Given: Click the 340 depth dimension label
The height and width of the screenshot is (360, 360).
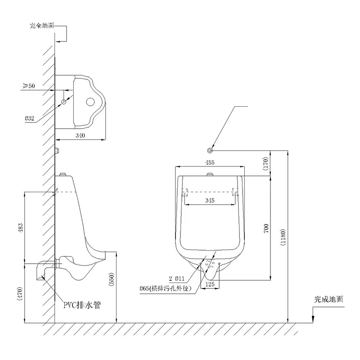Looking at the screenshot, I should [81, 135].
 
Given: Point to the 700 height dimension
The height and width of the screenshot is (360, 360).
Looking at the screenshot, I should [266, 228].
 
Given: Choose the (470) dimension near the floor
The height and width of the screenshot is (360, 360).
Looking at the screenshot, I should [19, 292].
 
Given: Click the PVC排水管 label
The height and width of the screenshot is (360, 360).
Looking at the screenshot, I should [81, 305].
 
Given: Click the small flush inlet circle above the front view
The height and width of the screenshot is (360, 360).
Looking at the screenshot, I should [210, 150].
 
